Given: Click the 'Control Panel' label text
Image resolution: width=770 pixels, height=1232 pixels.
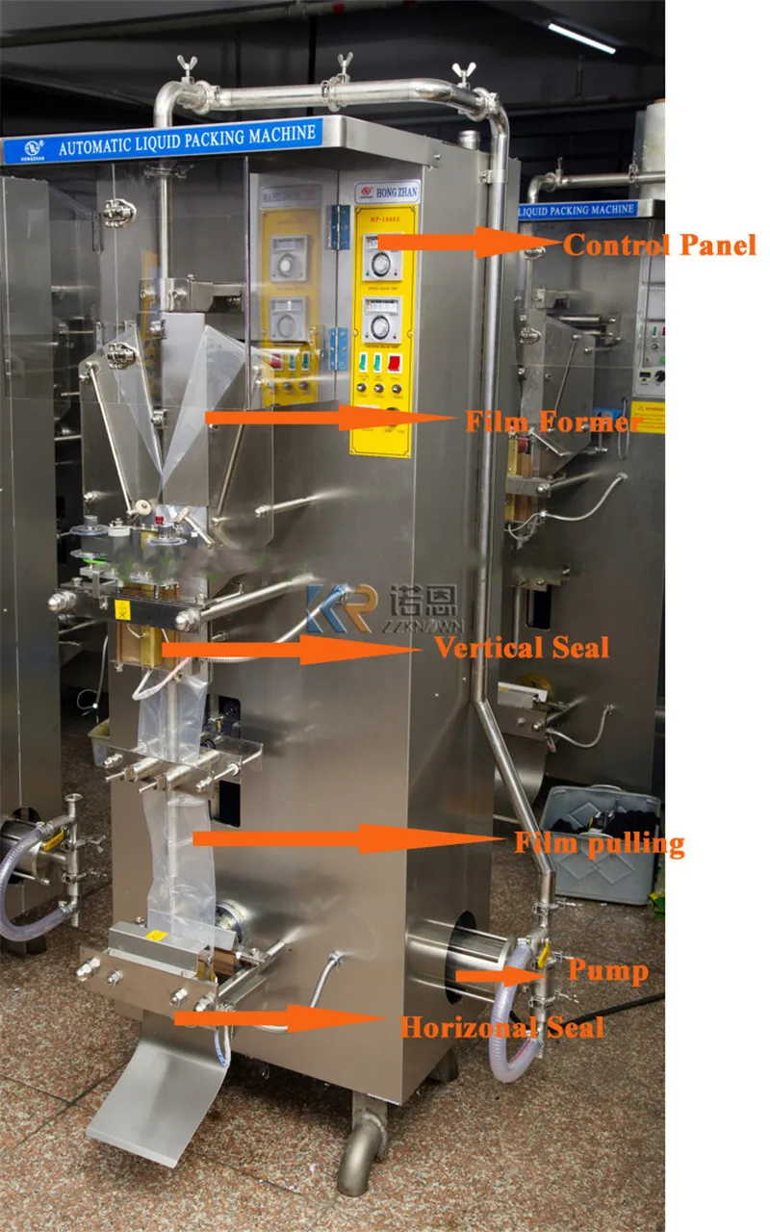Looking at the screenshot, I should (660, 245).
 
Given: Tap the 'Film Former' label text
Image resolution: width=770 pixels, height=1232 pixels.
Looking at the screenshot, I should (553, 422).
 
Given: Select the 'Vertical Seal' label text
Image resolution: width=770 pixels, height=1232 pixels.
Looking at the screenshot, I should (521, 647).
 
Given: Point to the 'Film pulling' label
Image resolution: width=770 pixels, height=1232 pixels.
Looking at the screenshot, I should (599, 844).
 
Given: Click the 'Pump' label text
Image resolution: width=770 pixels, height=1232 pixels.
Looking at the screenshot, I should (607, 970).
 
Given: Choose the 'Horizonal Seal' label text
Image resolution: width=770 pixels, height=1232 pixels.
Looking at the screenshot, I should (501, 1027).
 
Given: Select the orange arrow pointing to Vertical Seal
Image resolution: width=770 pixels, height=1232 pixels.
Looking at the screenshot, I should (289, 650).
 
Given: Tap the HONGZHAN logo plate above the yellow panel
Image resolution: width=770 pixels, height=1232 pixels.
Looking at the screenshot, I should (385, 190).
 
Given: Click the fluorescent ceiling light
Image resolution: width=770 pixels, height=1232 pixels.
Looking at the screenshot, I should (581, 37).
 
